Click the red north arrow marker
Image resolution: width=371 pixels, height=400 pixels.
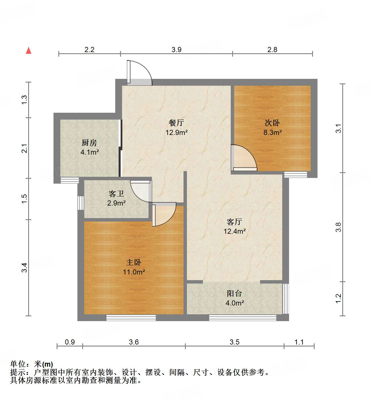28,50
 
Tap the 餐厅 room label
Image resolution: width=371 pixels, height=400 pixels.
176,123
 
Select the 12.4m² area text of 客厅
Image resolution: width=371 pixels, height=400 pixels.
234,231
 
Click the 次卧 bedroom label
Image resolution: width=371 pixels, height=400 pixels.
272,123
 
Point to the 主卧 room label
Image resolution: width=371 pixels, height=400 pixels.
134,262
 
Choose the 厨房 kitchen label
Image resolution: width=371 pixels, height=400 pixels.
89,143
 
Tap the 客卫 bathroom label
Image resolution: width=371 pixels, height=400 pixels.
116,194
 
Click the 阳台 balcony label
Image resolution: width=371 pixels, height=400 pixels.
234,294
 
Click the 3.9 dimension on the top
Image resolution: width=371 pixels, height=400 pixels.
176,50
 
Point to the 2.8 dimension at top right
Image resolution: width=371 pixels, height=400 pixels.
272,50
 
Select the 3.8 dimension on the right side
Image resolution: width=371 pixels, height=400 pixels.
338,227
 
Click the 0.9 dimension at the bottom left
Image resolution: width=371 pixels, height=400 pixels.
70,342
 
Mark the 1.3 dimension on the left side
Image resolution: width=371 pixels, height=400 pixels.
24,99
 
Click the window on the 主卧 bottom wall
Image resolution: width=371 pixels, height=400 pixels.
131,318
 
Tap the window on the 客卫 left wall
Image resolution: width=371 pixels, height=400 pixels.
81,203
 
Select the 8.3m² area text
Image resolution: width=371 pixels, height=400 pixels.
273,132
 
